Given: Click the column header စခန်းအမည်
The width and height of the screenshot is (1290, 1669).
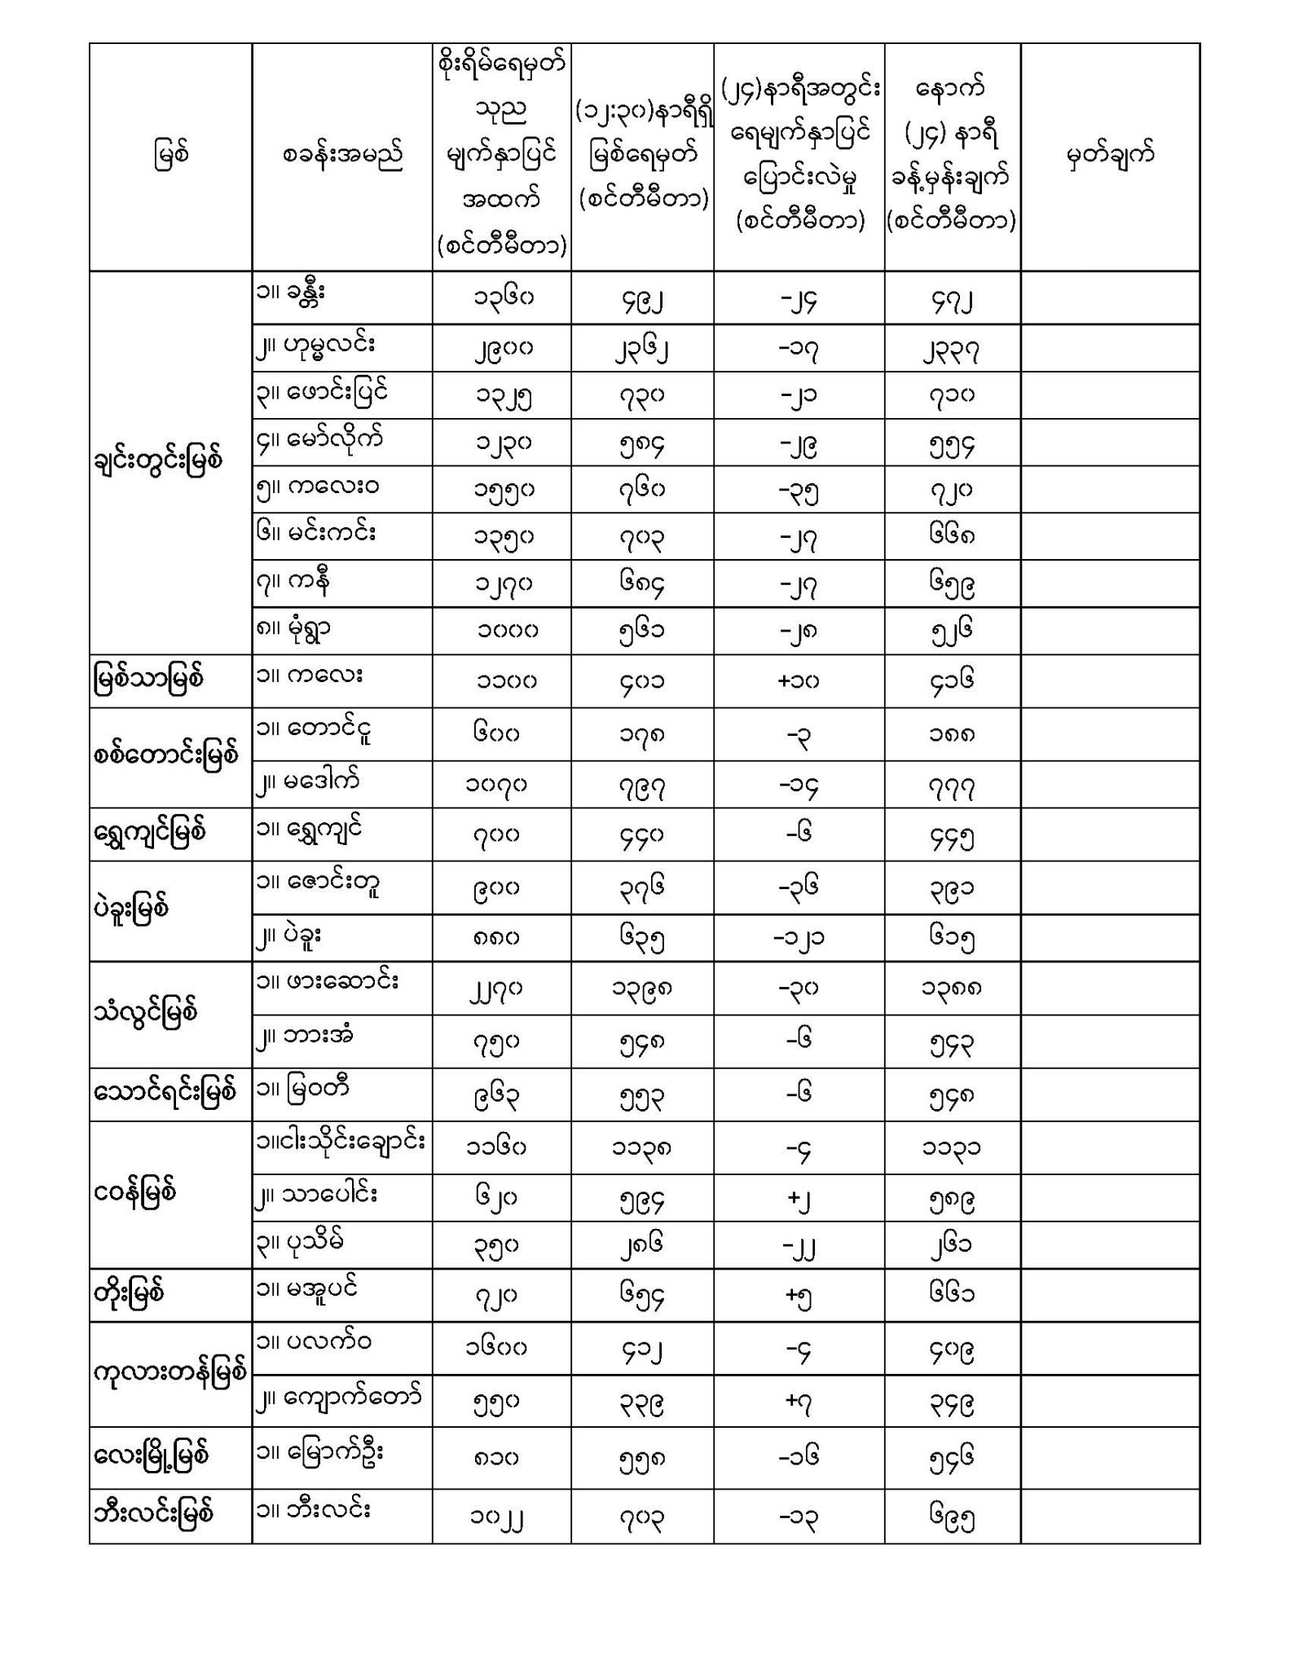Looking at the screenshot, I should pyautogui.click(x=342, y=155).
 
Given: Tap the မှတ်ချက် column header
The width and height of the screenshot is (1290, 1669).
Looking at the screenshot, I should pyautogui.click(x=1110, y=155).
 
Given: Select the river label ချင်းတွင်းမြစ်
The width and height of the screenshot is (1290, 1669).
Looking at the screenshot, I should pyautogui.click(x=158, y=460).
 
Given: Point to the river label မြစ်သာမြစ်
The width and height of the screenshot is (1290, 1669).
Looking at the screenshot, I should pyautogui.click(x=147, y=678).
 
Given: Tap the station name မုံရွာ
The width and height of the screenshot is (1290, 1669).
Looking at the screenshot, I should pyautogui.click(x=302, y=627).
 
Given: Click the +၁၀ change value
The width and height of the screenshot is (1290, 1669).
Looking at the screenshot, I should pyautogui.click(x=798, y=680).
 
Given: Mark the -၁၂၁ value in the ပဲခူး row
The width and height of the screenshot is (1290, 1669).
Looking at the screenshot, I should pyautogui.click(x=798, y=938).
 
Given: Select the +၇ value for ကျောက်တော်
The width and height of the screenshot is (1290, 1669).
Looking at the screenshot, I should pyautogui.click(x=798, y=1402).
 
